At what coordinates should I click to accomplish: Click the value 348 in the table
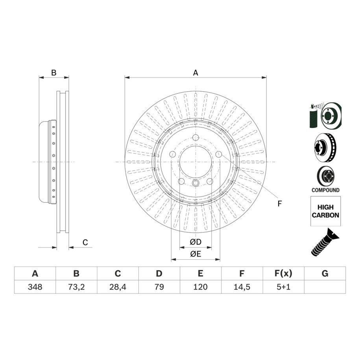pyautogui.click(x=35, y=287)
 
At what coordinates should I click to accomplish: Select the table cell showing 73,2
pyautogui.click(x=76, y=287)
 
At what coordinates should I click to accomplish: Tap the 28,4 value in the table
pyautogui.click(x=118, y=287)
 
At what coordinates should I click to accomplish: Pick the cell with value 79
pyautogui.click(x=159, y=287)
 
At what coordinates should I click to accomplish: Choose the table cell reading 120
pyautogui.click(x=200, y=287)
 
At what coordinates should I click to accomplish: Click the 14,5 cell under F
pyautogui.click(x=242, y=287)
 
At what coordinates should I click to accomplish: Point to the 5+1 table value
pyautogui.click(x=283, y=287)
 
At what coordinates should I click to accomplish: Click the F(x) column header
pyautogui.click(x=283, y=273)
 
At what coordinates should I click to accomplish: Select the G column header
pyautogui.click(x=325, y=273)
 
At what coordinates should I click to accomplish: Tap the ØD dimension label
pyautogui.click(x=196, y=242)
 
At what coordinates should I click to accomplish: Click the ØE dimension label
pyautogui.click(x=196, y=254)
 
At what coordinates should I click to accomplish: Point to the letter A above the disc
pyautogui.click(x=196, y=73)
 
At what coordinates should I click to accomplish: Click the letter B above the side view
pyautogui.click(x=54, y=73)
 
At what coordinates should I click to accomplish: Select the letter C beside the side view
pyautogui.click(x=85, y=242)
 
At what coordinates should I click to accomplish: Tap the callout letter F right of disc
pyautogui.click(x=279, y=204)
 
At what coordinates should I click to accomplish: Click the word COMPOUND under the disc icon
pyautogui.click(x=325, y=190)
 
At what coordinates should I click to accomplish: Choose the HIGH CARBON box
pyautogui.click(x=325, y=211)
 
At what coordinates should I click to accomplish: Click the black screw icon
pyautogui.click(x=325, y=242)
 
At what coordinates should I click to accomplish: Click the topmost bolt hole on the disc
pyautogui.click(x=196, y=138)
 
